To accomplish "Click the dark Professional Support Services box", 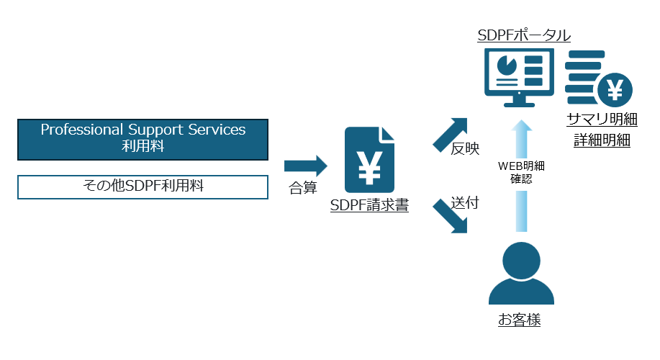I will [143, 139].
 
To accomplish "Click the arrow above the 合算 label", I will [305, 166].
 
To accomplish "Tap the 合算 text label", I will [303, 188].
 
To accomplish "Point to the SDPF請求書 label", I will [370, 206].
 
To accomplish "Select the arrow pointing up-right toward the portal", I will [451, 134].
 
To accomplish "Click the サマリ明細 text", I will [602, 120].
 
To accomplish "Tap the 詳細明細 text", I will [602, 140].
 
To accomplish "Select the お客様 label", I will [520, 320].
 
